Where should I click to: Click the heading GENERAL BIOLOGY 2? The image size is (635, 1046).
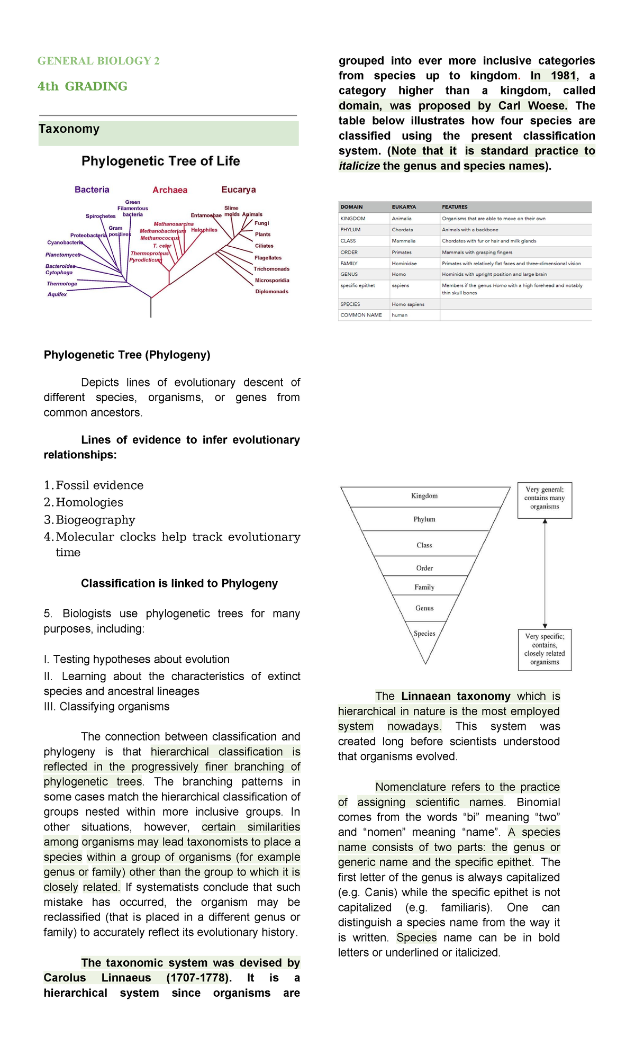pos(98,61)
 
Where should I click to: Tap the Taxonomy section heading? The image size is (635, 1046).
pos(69,129)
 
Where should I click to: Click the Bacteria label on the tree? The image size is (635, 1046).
pos(92,190)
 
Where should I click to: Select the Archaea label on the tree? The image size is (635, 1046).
pos(170,190)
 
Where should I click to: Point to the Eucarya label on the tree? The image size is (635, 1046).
pos(239,190)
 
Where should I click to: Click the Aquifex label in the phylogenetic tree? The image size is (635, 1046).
pos(57,294)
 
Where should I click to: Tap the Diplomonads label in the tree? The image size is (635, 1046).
pos(272,292)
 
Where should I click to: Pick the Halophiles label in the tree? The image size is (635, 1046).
pos(204,230)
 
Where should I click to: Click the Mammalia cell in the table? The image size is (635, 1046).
pos(404,241)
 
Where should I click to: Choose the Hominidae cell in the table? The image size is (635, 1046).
pos(404,264)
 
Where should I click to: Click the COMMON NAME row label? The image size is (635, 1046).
pos(361,315)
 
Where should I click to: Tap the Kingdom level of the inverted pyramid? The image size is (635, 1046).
pos(424,496)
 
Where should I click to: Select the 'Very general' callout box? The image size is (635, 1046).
pos(545,499)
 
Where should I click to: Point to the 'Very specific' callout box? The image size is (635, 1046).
pos(545,650)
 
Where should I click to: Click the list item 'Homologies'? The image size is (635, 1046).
pos(89,502)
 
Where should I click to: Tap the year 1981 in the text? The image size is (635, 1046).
pos(563,76)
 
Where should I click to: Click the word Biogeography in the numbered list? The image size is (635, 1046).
pos(96,520)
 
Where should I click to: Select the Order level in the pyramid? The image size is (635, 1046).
pos(424,568)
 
